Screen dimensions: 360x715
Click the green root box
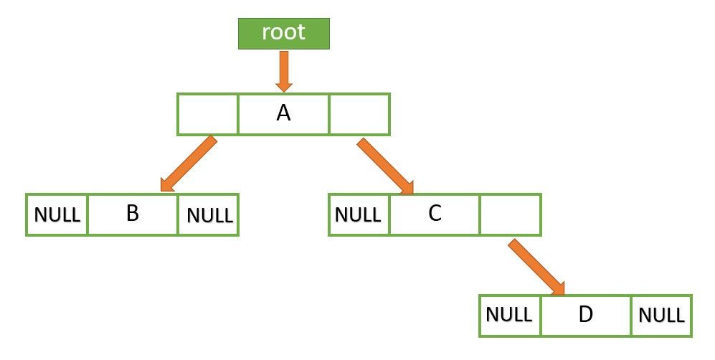(x=283, y=33)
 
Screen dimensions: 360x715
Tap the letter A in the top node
(x=283, y=113)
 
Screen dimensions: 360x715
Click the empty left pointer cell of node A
(x=207, y=114)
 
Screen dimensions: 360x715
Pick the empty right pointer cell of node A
(x=359, y=114)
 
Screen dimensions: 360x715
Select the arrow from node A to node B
(x=188, y=164)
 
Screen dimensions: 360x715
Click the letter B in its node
(x=132, y=214)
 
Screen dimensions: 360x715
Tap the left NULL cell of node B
(x=57, y=214)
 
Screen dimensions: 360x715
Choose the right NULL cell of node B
(x=208, y=214)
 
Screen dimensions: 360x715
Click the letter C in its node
(x=435, y=214)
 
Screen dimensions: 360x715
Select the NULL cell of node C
(x=359, y=214)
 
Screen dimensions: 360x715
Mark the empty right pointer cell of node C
(x=510, y=214)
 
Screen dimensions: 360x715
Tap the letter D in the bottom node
(x=586, y=314)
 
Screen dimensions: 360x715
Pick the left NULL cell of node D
(x=510, y=315)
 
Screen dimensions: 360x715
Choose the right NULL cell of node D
(x=661, y=315)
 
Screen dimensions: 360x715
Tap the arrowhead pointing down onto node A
(x=283, y=84)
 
